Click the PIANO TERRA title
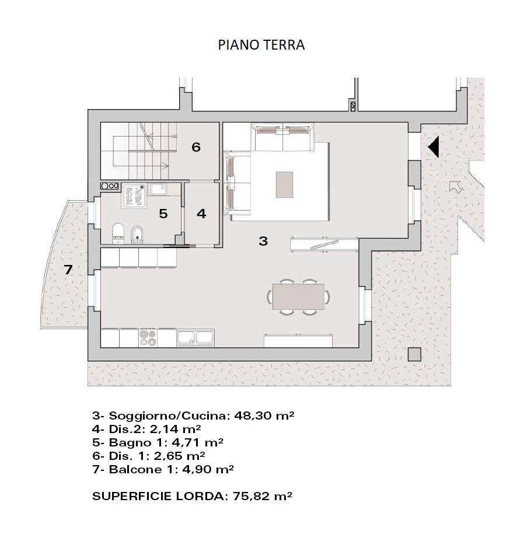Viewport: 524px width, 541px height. click(x=261, y=45)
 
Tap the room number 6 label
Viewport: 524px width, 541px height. click(x=196, y=147)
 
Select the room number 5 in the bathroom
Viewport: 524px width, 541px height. click(x=163, y=214)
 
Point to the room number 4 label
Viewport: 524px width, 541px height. click(x=201, y=214)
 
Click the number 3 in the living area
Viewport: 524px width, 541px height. click(x=263, y=240)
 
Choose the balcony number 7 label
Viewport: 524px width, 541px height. click(x=68, y=270)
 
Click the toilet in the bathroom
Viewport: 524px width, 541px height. click(x=118, y=232)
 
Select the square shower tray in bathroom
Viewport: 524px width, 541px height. click(x=134, y=196)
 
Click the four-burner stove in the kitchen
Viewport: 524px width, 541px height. click(x=148, y=338)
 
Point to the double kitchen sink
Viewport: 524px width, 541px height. click(x=195, y=338)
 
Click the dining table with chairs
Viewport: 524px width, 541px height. click(x=298, y=296)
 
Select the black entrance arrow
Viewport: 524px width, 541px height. click(x=434, y=146)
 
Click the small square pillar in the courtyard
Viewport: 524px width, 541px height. click(x=414, y=354)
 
